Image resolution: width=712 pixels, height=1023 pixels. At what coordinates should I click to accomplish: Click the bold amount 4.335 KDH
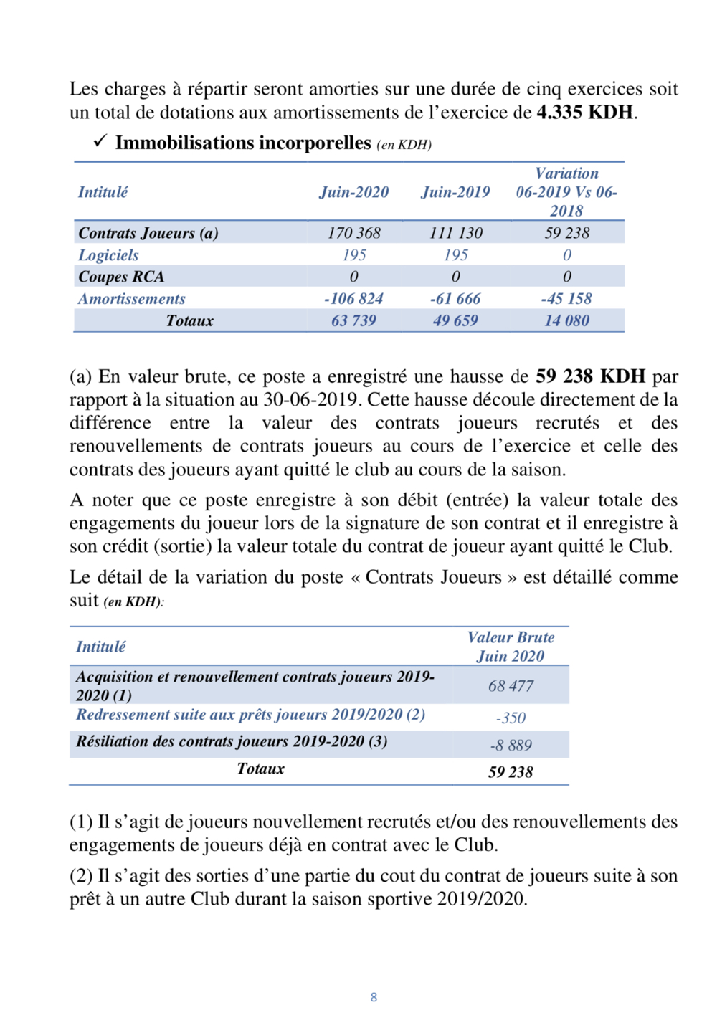[585, 113]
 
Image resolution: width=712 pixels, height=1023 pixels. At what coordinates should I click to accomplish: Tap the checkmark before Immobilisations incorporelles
[100, 141]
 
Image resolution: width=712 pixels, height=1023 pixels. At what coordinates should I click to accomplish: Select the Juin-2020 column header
[353, 192]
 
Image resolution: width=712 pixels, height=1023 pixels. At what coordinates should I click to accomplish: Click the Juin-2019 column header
[455, 192]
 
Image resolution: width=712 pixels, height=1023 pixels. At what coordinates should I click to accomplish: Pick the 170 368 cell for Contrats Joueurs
[353, 233]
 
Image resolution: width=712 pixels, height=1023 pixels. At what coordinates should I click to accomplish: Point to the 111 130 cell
[455, 233]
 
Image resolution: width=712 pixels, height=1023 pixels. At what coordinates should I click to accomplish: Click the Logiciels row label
[108, 255]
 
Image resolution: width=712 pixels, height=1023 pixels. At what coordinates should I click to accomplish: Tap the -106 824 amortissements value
[353, 299]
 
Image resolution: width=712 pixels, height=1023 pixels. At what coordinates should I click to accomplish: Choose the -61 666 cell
[455, 299]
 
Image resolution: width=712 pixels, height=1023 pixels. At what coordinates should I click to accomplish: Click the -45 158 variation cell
[566, 299]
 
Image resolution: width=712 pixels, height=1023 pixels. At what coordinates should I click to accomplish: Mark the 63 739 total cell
[353, 321]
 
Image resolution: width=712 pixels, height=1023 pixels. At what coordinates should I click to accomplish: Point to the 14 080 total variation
[566, 321]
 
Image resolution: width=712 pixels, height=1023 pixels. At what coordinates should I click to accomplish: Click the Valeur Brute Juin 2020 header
[511, 647]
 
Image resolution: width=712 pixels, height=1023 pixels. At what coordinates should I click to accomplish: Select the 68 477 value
[511, 686]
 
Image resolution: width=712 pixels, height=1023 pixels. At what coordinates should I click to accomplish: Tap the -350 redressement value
[511, 718]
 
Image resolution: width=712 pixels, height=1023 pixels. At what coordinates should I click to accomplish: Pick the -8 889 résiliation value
[511, 746]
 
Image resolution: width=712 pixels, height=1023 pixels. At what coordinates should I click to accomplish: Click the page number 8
[374, 997]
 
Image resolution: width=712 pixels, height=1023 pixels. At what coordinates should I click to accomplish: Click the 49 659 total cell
[455, 321]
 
